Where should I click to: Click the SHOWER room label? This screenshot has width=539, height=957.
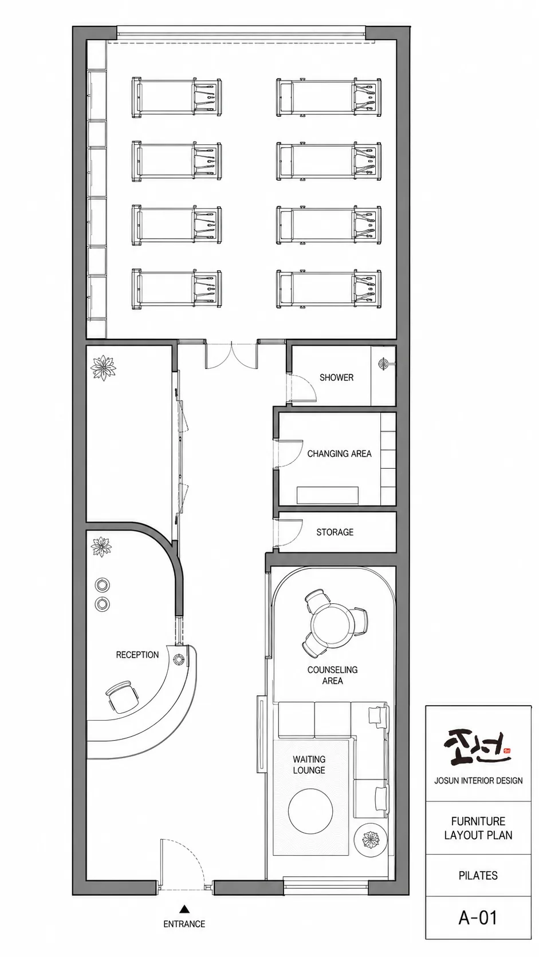tap(336, 377)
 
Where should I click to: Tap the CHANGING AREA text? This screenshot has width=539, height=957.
tap(340, 453)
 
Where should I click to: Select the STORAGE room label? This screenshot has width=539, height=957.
tap(335, 532)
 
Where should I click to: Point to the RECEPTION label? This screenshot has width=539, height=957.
tap(137, 655)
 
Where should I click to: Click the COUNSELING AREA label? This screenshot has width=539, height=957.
tap(333, 675)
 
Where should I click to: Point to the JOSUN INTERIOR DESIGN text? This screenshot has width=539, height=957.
tap(478, 781)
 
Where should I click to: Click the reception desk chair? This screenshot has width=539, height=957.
tap(122, 696)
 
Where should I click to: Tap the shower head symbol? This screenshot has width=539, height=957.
tap(384, 363)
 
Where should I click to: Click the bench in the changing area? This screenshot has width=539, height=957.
tap(328, 495)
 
